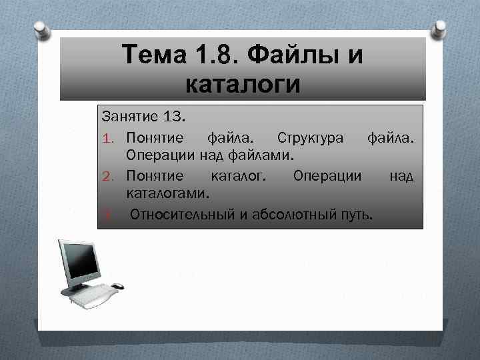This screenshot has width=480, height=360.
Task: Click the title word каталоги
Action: [x=242, y=85]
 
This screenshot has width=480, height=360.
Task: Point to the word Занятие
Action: [x=129, y=117]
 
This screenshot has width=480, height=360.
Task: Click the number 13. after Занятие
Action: [x=174, y=117]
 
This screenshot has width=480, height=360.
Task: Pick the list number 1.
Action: [x=110, y=138]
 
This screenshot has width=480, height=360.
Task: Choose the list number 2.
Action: [x=110, y=176]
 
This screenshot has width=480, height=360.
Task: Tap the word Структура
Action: [x=311, y=137]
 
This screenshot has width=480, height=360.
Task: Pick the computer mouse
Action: [x=117, y=286]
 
